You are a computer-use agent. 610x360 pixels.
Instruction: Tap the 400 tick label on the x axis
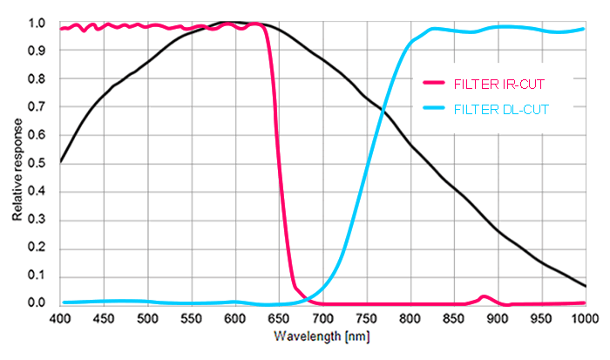click(60, 319)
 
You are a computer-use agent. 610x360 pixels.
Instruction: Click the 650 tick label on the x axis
click(279, 319)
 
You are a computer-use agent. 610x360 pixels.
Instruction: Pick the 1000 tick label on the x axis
click(585, 319)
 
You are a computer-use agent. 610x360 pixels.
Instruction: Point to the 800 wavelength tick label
click(410, 319)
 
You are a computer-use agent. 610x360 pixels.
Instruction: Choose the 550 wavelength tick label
click(191, 319)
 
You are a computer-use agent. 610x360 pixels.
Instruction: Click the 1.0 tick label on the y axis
click(35, 24)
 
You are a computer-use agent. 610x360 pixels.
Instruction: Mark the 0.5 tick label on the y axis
click(35, 163)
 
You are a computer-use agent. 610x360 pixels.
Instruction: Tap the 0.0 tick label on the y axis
click(35, 303)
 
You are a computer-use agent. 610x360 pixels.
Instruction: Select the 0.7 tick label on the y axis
click(35, 107)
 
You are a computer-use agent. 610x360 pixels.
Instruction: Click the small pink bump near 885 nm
click(485, 297)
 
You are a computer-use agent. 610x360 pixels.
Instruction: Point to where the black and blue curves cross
click(383, 108)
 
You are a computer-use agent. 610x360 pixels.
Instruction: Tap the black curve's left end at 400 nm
click(60, 162)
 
